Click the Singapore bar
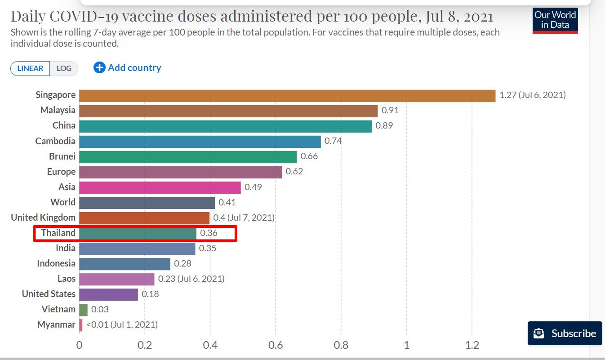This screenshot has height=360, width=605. coord(287,95)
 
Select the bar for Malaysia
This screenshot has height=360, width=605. coord(228,111)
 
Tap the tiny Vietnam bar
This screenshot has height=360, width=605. coord(84,309)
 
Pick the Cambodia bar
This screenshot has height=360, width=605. coord(200,141)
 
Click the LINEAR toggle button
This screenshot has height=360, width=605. coord(30,68)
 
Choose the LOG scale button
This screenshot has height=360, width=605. coord(64,68)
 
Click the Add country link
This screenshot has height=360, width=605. coord(127,68)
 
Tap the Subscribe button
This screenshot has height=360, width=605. coord(565,333)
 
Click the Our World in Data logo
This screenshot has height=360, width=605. coord(555,20)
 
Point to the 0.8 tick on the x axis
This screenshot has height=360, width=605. coord(341,345)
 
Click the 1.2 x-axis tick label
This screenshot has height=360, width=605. coord(472,345)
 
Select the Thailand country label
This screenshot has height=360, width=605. coord(58,233)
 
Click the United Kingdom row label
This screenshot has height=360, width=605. coord(43,218)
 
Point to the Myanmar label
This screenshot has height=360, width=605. coord(56,324)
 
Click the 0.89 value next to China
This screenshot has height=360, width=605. coord(384,126)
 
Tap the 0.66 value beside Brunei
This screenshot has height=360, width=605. coord(309,156)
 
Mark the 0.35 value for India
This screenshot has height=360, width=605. coord(208,248)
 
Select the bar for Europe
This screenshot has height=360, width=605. coord(180,172)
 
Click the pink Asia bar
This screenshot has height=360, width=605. coord(160,187)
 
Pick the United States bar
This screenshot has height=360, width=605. coord(108,294)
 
